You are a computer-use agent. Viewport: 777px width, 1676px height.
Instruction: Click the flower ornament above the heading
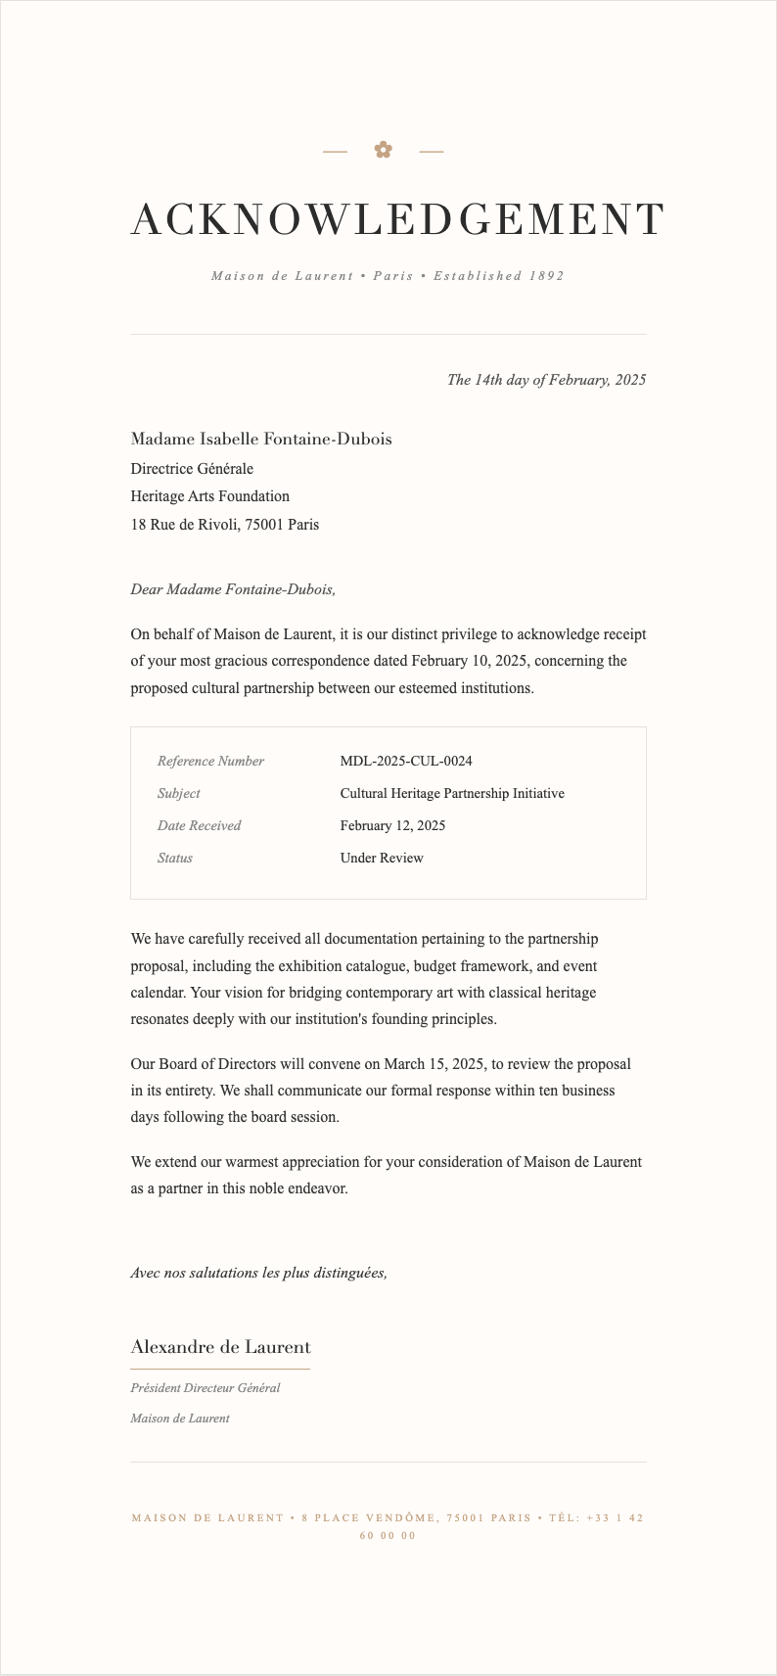click(383, 150)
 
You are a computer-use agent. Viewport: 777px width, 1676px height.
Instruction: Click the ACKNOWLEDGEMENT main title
click(397, 219)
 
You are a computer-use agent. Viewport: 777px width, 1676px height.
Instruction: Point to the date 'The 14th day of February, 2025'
click(546, 380)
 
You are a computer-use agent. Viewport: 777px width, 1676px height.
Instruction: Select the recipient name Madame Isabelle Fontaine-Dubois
click(261, 439)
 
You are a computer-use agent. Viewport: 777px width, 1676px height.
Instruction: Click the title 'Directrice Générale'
click(192, 469)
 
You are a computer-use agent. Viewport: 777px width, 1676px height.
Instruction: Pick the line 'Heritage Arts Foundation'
click(210, 496)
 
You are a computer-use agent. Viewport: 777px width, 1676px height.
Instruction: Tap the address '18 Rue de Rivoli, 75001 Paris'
click(225, 525)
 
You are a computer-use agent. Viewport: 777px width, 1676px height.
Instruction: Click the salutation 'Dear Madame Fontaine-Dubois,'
click(233, 589)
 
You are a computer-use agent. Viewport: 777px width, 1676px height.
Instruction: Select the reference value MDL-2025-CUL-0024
click(406, 761)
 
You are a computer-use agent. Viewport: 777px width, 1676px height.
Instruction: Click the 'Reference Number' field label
click(210, 761)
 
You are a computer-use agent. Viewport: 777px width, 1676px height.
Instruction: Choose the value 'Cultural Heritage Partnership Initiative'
click(452, 793)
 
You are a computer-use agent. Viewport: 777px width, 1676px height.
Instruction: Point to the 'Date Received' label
click(199, 825)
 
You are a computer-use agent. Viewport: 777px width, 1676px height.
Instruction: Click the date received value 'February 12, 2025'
click(392, 825)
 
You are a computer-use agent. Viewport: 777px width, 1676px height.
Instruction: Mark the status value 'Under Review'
click(382, 858)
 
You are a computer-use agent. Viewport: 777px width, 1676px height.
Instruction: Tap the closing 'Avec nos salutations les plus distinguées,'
click(258, 1273)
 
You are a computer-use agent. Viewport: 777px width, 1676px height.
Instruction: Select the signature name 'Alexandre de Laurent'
click(220, 1347)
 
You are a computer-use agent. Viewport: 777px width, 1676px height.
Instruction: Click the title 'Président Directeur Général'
click(206, 1387)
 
